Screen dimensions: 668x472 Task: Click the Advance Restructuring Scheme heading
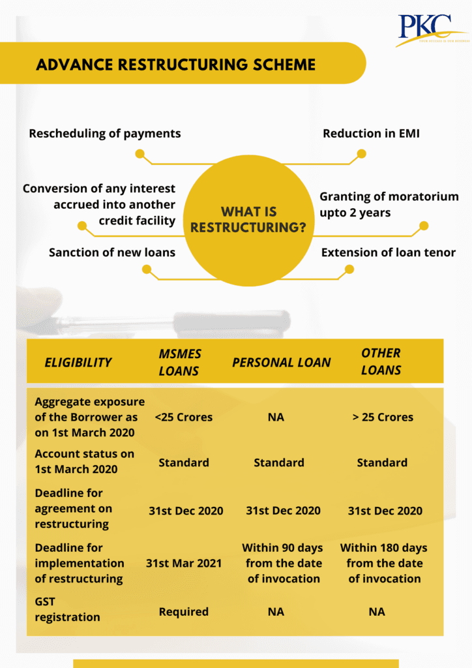[x=176, y=65]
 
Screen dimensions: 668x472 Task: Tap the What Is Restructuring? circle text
[x=249, y=220]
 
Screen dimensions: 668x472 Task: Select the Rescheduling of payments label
[x=105, y=134]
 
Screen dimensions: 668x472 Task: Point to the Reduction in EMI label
[x=372, y=134]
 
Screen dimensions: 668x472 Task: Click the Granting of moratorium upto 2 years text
[x=389, y=204]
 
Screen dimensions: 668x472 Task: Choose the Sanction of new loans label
[x=112, y=252]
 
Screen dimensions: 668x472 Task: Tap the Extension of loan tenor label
[x=389, y=252]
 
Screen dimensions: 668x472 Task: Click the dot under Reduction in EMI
[x=361, y=154]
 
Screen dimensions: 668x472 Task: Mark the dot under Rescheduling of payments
[x=140, y=154]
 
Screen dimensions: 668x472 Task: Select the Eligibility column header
[x=78, y=362]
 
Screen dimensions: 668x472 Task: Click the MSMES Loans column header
[x=180, y=362]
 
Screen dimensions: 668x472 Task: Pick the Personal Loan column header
[x=282, y=362]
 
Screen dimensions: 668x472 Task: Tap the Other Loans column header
[x=381, y=362]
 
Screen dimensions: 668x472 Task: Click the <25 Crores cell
[x=184, y=417]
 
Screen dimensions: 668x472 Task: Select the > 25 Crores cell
[x=383, y=417]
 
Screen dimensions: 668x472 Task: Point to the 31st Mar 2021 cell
[x=184, y=563]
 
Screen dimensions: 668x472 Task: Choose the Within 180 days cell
[x=384, y=563]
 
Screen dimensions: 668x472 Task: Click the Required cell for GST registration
[x=184, y=612]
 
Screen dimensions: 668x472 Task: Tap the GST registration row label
[x=67, y=609]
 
